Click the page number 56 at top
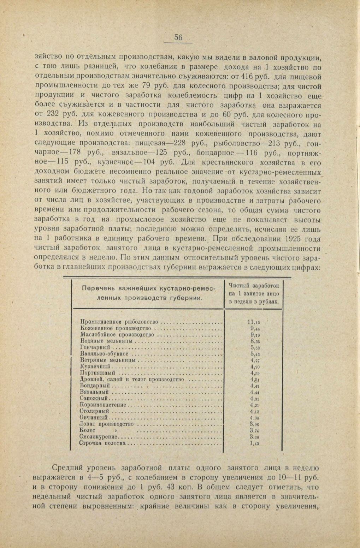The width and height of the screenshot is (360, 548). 178,38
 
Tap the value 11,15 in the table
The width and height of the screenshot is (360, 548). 254,322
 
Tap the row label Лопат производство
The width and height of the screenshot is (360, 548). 107,424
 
